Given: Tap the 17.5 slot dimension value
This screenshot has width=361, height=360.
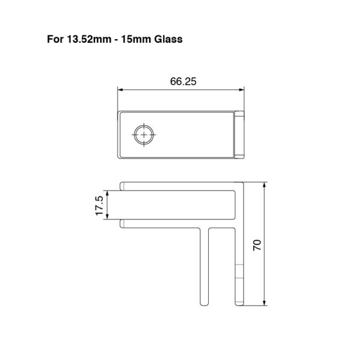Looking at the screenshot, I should point(100,206).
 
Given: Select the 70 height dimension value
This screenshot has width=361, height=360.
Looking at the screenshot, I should point(257,244).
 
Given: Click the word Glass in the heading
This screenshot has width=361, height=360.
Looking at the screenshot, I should point(165,40).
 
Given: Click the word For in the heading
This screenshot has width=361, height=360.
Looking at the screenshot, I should point(55,40).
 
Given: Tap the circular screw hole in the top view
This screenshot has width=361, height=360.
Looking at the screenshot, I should point(144,135).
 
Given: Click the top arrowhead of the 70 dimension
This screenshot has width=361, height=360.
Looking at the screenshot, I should point(265,185).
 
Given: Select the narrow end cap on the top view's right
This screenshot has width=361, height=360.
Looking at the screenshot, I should point(239,135).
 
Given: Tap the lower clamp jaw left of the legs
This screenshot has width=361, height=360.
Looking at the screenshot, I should point(162,225).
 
